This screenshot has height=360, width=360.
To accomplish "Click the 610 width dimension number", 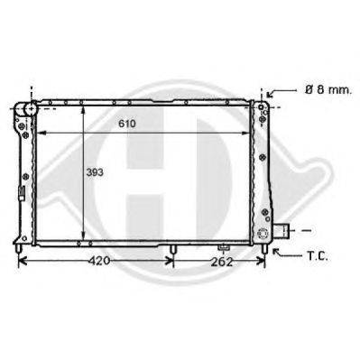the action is pos(127,124).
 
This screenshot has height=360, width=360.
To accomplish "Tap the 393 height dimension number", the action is pos(95,172).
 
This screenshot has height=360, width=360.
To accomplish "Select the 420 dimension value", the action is pos(99,261).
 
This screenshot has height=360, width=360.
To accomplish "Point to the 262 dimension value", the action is pos(222,262).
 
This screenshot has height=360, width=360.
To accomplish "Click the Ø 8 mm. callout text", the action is pos(328,90).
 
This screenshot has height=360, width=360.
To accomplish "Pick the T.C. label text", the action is pos(318,256).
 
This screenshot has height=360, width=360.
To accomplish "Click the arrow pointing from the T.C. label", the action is pos(287,254).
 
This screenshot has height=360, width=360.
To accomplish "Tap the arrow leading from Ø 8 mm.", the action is pos(282,92).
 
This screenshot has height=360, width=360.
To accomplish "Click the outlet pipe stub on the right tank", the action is pos(282,230).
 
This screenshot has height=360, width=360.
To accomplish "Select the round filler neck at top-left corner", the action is pos(31,109).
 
